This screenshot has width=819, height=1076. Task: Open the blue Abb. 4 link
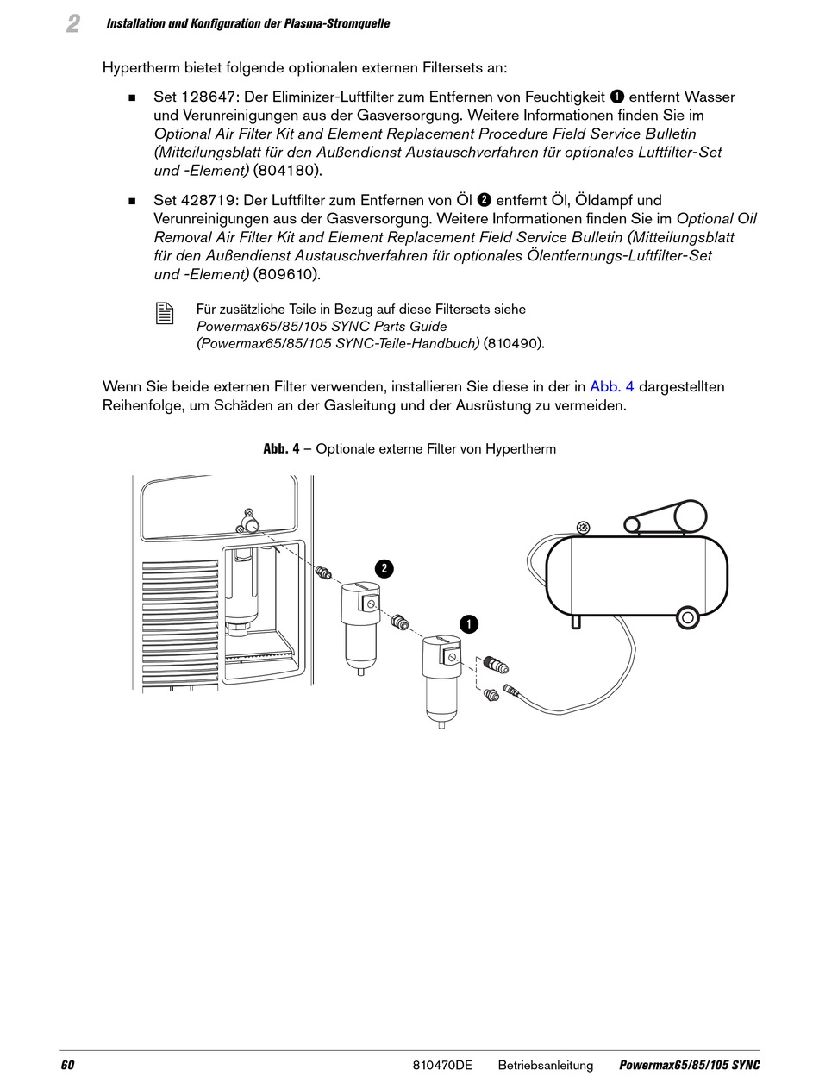point(611,386)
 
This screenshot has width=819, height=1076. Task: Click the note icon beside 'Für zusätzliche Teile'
point(165,314)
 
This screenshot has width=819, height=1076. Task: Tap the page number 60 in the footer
point(67,1065)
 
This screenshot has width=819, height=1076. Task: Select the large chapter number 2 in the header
point(73,24)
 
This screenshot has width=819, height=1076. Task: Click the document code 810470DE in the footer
point(442,1065)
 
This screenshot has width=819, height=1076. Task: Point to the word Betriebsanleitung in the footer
point(545,1065)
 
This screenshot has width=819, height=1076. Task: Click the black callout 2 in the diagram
point(384,568)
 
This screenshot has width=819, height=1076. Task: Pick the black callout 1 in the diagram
point(468,624)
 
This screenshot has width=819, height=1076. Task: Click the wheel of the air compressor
point(687,616)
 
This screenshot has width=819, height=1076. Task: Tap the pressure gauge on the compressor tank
point(584,527)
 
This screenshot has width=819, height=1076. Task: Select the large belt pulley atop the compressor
point(690,516)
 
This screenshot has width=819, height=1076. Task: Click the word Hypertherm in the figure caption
point(520,449)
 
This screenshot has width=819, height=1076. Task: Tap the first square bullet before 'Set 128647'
point(133,97)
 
